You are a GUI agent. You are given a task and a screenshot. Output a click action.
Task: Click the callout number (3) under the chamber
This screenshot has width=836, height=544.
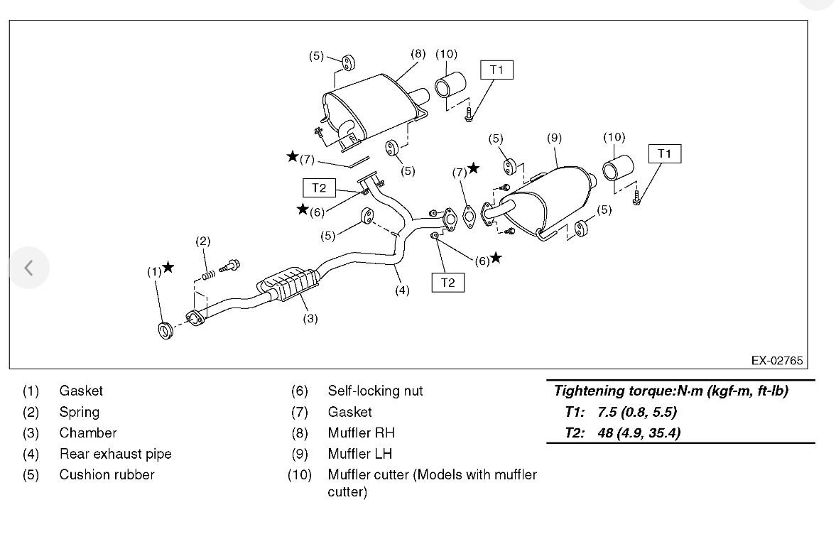310,319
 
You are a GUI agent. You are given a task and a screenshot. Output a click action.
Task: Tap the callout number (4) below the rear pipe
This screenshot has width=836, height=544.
403,290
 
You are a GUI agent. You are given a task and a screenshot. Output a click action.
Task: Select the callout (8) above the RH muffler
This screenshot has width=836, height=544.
418,53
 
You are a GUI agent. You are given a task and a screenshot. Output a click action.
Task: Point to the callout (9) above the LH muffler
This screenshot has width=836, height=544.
554,138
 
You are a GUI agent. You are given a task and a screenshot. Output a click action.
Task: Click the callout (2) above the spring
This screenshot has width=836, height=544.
203,241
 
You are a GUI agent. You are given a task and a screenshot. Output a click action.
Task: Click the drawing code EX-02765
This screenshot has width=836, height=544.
777,361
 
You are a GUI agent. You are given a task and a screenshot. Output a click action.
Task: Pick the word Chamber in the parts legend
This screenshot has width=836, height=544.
88,433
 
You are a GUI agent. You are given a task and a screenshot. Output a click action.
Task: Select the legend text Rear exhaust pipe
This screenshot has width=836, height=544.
115,454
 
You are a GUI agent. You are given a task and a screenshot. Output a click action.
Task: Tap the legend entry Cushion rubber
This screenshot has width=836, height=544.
107,474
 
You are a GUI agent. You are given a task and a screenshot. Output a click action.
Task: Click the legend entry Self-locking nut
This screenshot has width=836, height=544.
375,391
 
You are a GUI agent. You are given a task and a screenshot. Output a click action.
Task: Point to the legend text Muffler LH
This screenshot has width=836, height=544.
359,454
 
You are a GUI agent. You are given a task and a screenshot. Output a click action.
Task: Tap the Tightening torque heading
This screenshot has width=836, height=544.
671,391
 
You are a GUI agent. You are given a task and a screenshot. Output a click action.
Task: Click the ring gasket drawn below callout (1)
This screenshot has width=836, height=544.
165,330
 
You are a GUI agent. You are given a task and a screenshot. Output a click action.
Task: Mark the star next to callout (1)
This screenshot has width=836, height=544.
168,267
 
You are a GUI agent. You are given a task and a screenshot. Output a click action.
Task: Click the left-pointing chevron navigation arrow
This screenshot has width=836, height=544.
28,268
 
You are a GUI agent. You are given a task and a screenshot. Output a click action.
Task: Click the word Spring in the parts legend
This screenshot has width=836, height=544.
80,412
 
